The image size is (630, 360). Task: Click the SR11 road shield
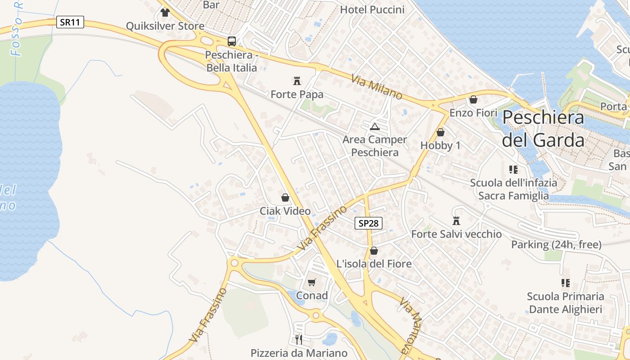[70, 22]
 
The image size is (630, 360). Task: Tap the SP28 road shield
[369, 223]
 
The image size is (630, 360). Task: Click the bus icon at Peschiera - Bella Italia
[232, 41]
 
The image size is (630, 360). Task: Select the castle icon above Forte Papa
[297, 81]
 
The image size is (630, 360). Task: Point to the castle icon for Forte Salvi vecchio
[456, 220]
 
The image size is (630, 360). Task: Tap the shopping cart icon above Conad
[311, 283]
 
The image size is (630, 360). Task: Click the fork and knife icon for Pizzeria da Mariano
[298, 339]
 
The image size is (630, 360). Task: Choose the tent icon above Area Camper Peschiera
[374, 126]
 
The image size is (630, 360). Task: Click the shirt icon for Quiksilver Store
[165, 13]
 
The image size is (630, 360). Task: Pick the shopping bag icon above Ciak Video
[285, 198]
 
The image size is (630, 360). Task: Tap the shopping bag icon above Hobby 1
[440, 132]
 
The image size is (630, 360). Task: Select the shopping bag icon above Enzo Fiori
[473, 99]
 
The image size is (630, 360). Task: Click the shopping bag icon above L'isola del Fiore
[373, 251]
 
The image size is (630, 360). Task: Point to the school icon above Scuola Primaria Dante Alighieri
[565, 283]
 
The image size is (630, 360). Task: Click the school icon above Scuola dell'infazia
[513, 170]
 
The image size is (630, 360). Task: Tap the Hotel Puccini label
[372, 9]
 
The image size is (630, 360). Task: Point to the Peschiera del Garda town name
[543, 129]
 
